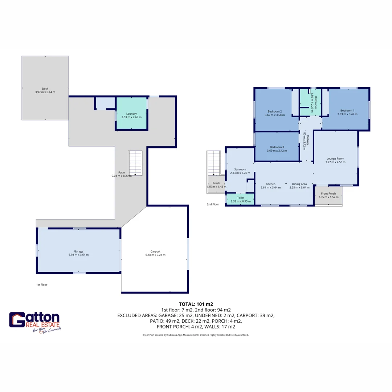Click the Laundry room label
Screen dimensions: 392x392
click(x=131, y=114)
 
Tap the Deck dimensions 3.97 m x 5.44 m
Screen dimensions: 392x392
click(x=45, y=92)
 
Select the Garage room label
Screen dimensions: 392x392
click(x=79, y=251)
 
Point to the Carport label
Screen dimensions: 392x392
click(x=155, y=251)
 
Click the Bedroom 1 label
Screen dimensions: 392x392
click(x=347, y=110)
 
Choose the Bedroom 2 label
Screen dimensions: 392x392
click(x=275, y=111)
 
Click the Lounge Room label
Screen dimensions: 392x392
click(x=335, y=158)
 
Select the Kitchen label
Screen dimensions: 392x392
click(x=270, y=184)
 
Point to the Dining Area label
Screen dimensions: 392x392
click(x=299, y=184)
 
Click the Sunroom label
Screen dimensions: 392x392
click(x=240, y=169)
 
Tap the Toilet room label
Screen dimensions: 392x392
click(x=241, y=198)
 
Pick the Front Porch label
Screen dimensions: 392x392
click(x=328, y=193)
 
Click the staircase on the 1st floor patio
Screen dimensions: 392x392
click(x=135, y=163)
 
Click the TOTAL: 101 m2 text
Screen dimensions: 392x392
click(x=196, y=304)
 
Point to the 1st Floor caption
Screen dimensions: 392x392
click(x=42, y=285)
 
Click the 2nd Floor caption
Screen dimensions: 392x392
click(x=213, y=204)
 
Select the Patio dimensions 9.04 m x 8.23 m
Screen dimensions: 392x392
click(x=122, y=176)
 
